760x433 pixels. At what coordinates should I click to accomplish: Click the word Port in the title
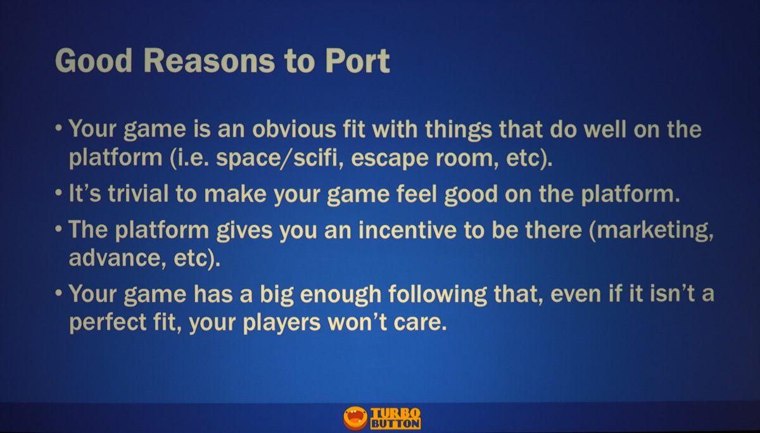tap(358, 61)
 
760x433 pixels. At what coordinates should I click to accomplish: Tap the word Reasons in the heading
tap(209, 61)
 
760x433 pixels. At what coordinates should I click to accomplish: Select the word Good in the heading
tap(93, 61)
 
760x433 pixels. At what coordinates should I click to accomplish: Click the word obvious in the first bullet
tap(294, 129)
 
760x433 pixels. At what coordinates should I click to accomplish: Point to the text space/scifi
tap(277, 158)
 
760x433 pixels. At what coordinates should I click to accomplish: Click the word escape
tap(389, 159)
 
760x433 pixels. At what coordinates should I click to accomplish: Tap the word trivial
tap(138, 194)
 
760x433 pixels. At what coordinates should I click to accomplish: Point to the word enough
tap(341, 294)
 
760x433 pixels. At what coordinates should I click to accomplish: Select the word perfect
tap(108, 322)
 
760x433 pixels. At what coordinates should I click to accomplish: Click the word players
tap(282, 322)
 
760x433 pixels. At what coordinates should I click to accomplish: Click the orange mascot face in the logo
tap(355, 418)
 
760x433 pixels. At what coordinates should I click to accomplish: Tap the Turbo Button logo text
tap(396, 418)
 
